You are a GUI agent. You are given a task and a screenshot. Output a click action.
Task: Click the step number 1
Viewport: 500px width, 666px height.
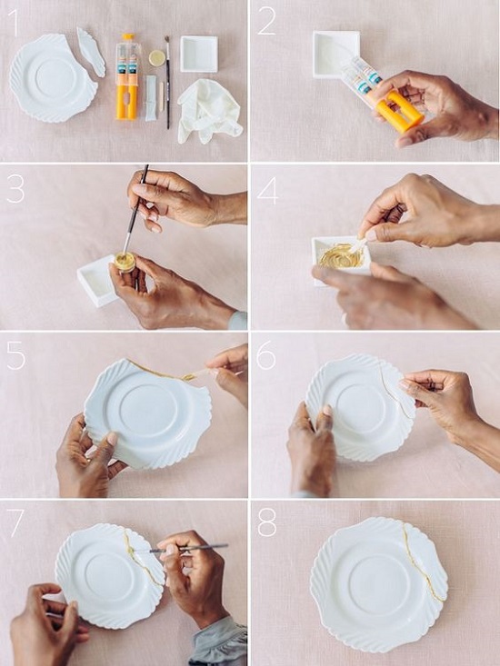coord(15,23)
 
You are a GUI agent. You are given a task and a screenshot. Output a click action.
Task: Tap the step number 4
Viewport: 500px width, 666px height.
coord(267,191)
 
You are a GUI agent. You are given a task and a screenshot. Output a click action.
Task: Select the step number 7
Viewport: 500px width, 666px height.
coord(15,522)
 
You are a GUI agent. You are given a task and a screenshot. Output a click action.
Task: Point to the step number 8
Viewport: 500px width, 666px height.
coord(266,522)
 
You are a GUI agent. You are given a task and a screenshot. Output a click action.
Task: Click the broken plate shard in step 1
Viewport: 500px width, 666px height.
coord(91,52)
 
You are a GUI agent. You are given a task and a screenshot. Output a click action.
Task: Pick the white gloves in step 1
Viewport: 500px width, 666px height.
coord(208,111)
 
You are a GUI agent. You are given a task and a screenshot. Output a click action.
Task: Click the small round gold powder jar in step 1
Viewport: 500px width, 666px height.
coord(156,58)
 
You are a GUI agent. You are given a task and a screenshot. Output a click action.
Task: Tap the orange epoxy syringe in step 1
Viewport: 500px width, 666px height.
coord(127,76)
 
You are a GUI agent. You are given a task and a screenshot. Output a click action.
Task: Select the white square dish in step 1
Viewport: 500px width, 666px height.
coord(199,54)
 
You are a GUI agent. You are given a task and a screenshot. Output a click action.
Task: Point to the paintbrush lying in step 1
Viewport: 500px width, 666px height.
coord(167,82)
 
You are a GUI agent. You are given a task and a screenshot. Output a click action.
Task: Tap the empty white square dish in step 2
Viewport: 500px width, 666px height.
coord(335,54)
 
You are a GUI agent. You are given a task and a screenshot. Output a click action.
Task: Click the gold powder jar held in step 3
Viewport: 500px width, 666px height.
coord(125,262)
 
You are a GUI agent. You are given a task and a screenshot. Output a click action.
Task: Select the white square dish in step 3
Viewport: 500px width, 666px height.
coord(97,281)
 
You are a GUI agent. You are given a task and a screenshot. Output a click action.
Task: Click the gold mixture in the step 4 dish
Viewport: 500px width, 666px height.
coord(341,256)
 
